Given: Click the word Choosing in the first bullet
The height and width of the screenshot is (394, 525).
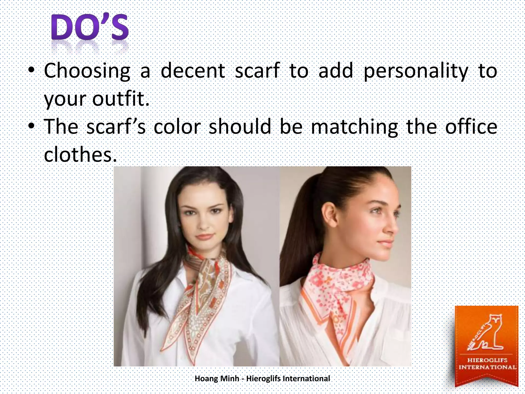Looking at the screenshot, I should coord(87,71).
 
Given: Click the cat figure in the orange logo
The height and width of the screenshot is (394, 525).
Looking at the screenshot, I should coord(487,333).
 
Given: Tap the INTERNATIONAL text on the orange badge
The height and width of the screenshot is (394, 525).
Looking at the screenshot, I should coord(487,367).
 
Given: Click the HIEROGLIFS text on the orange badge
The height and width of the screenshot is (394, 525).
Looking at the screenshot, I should coord(487,360).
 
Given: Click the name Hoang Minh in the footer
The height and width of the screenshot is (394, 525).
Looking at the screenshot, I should coord(217,379).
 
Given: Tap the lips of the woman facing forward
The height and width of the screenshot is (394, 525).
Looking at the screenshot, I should coord(204,237).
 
